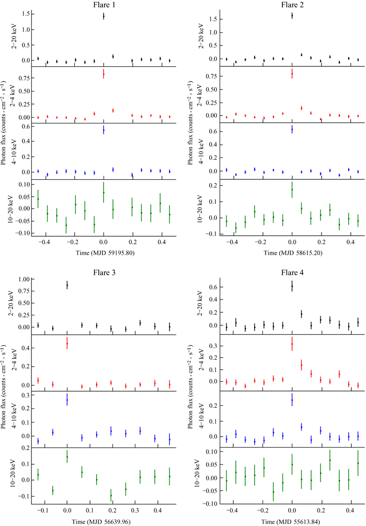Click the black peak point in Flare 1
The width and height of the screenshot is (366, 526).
coord(104,16)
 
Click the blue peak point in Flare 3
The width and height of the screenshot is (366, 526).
coord(67,400)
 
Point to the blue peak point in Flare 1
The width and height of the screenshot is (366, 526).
coord(104,130)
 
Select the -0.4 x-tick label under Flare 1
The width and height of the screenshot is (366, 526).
coord(45,243)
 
